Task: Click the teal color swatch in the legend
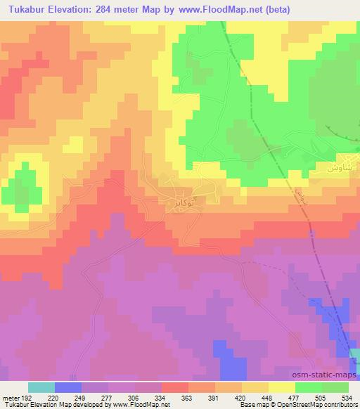41,387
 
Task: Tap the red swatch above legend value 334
175,387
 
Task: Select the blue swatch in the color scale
68,387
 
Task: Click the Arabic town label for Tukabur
184,202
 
